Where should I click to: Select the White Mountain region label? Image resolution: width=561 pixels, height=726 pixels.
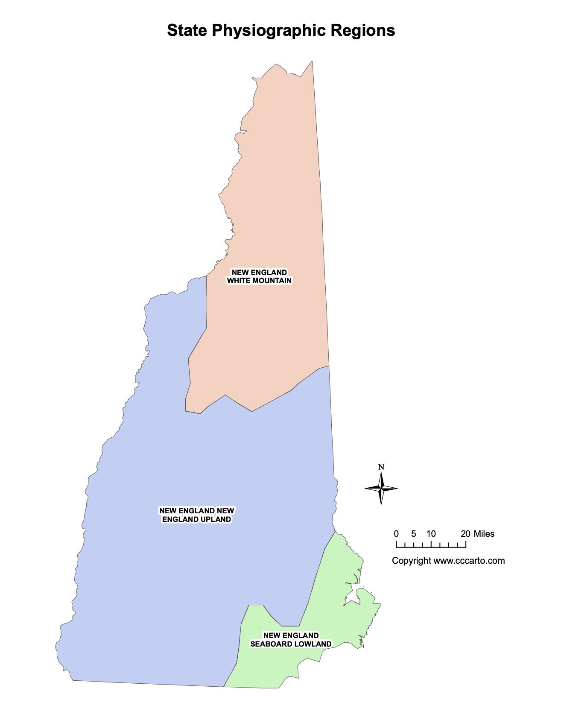[x=259, y=276]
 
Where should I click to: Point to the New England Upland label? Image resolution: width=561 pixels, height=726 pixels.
[x=196, y=515]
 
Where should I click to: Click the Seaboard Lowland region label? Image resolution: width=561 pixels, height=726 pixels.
[x=290, y=640]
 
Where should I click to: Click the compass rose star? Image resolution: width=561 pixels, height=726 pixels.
[x=381, y=488]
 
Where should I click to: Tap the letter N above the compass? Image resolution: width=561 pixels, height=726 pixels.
[x=381, y=467]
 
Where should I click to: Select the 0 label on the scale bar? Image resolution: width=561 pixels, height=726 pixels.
[x=396, y=534]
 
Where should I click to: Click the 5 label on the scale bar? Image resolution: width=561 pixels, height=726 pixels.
[x=413, y=534]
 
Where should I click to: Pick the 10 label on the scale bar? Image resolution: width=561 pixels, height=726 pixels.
[x=431, y=534]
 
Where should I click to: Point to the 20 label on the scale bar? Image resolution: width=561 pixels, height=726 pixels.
[x=465, y=534]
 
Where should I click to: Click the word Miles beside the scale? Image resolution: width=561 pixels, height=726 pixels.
[x=484, y=534]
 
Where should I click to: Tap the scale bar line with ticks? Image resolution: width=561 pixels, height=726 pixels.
[x=431, y=546]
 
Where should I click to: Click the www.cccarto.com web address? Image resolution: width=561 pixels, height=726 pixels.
[x=469, y=561]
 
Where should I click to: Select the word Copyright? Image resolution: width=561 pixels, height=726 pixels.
[x=412, y=561]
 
